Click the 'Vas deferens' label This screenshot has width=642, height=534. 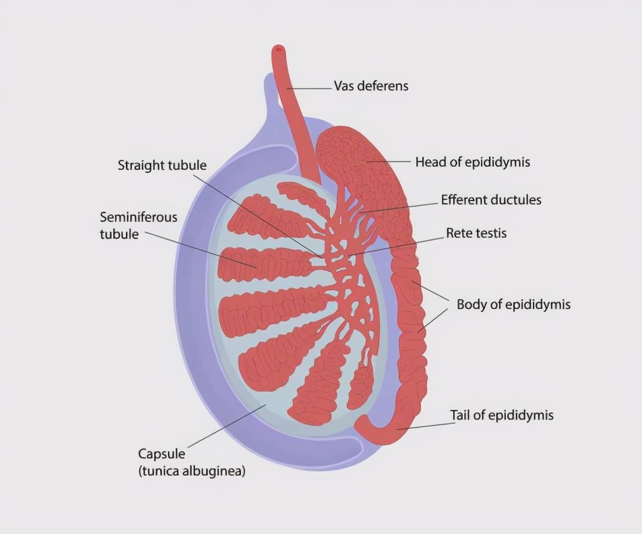point(371,86)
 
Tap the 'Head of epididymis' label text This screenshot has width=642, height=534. point(472,162)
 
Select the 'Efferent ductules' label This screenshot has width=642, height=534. point(491,200)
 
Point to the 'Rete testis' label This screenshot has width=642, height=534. point(476,233)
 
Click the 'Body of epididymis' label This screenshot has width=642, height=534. point(513,304)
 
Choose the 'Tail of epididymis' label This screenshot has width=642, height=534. point(501,415)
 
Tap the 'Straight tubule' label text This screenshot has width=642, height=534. point(162,165)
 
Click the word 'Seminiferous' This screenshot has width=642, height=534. point(138,217)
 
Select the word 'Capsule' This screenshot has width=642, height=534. point(162,454)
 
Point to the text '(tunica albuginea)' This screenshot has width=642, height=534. point(192,471)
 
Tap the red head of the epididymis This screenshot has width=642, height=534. point(353,161)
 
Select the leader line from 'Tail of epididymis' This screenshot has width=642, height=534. point(423,425)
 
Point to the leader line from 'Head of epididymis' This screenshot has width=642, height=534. point(388,161)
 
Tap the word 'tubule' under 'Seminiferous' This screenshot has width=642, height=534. point(119,234)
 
